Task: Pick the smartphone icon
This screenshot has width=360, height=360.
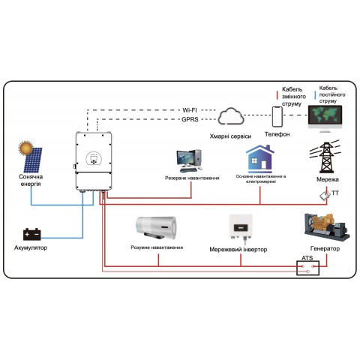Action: click(x=277, y=116)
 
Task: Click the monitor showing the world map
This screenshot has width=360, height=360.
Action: click(x=328, y=116)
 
